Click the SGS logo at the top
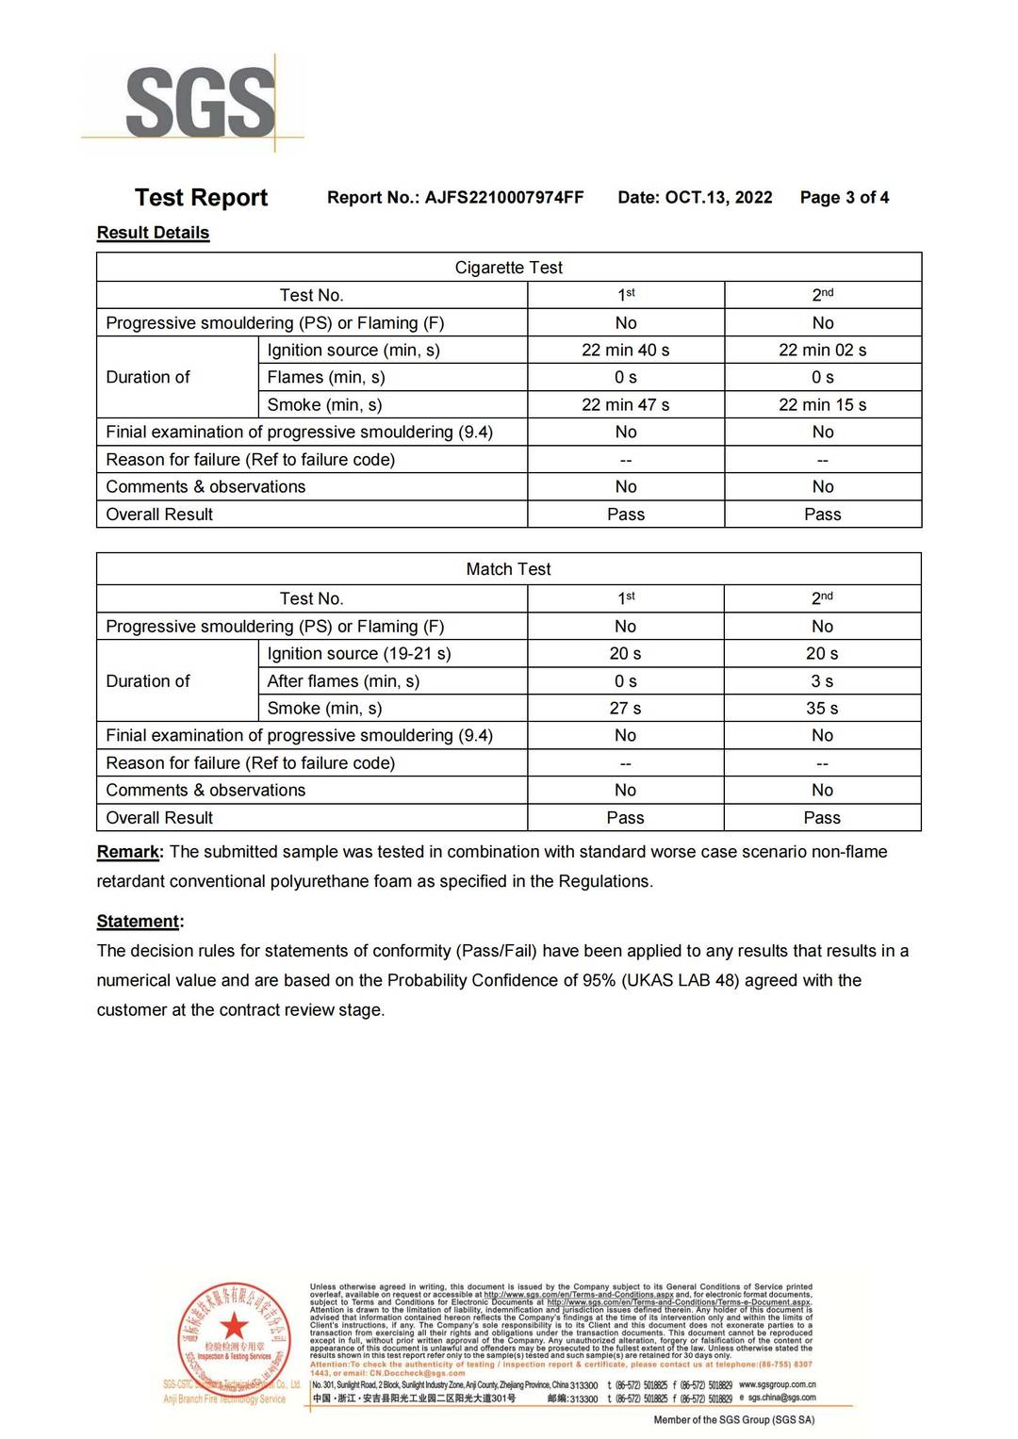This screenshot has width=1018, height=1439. [200, 102]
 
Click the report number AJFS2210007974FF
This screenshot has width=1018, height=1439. [503, 197]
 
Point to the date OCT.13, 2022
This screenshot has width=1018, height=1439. [718, 197]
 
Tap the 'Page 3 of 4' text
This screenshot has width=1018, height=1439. [845, 197]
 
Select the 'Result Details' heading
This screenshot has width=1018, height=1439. [153, 233]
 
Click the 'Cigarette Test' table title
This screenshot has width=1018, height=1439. [508, 268]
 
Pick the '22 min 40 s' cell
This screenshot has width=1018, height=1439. [625, 350]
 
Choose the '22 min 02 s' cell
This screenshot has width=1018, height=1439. [822, 350]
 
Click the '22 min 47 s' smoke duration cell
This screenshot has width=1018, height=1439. [625, 404]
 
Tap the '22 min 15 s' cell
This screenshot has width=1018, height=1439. [822, 404]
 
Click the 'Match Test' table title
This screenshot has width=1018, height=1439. [508, 569]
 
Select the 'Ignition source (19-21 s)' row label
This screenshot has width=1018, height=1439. [359, 653]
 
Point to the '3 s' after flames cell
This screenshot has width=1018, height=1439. [822, 680]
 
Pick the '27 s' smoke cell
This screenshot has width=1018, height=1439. [625, 708]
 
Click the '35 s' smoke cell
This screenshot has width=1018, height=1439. [822, 708]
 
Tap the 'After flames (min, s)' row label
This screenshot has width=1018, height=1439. [343, 680]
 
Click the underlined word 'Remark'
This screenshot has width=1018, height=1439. [128, 852]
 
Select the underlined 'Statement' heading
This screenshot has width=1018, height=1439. [139, 921]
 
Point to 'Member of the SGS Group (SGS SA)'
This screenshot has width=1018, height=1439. [734, 1419]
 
